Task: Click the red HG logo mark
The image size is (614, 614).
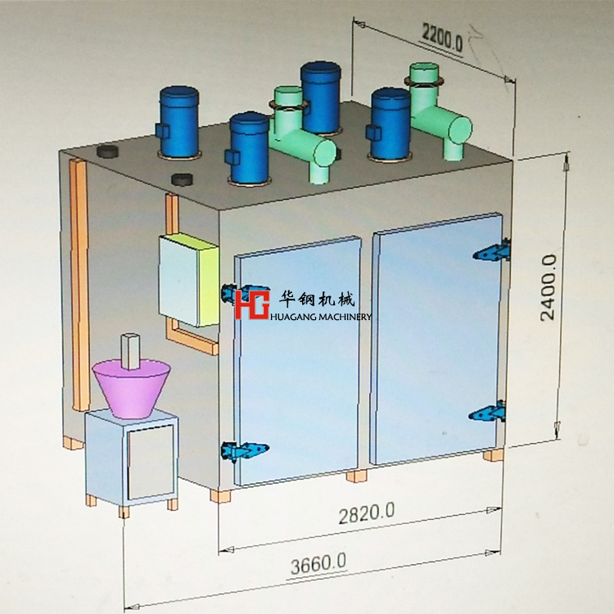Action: tap(251, 304)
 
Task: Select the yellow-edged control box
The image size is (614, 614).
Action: tap(187, 279)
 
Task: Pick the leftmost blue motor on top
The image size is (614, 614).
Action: tap(178, 123)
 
